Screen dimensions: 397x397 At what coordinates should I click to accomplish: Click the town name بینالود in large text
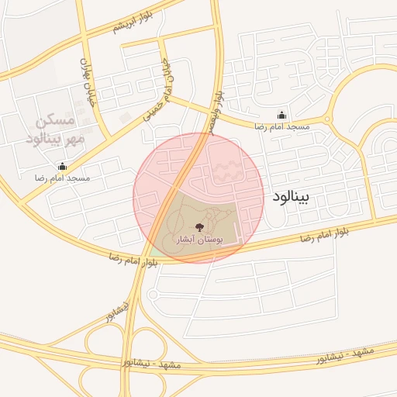[291, 197]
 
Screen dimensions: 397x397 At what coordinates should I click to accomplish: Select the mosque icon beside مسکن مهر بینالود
[62, 166]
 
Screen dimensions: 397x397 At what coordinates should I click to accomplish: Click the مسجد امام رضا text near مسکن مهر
[62, 178]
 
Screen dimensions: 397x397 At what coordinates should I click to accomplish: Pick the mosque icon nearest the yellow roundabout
[281, 114]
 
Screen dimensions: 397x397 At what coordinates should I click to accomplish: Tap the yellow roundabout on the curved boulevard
[327, 119]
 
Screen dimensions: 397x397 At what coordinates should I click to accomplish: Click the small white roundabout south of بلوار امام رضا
[152, 294]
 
